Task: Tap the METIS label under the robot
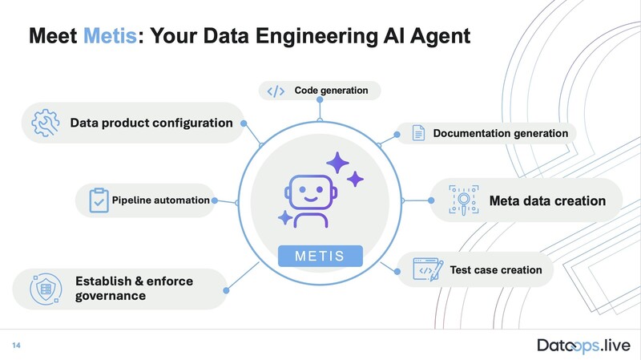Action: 320,257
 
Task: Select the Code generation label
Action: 331,91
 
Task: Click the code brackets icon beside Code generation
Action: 276,91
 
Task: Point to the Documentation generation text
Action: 500,133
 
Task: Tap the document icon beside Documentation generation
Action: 418,133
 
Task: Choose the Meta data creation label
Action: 547,200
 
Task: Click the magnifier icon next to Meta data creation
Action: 463,200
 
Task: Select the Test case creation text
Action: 496,269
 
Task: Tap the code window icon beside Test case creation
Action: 425,269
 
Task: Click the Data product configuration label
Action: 151,123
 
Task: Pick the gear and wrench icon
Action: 46,123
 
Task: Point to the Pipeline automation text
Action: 160,200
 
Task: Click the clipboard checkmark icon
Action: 99,200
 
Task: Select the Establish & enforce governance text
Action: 134,289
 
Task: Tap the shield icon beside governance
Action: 44,289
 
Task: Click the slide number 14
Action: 15,345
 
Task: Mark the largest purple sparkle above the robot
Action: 337,164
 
